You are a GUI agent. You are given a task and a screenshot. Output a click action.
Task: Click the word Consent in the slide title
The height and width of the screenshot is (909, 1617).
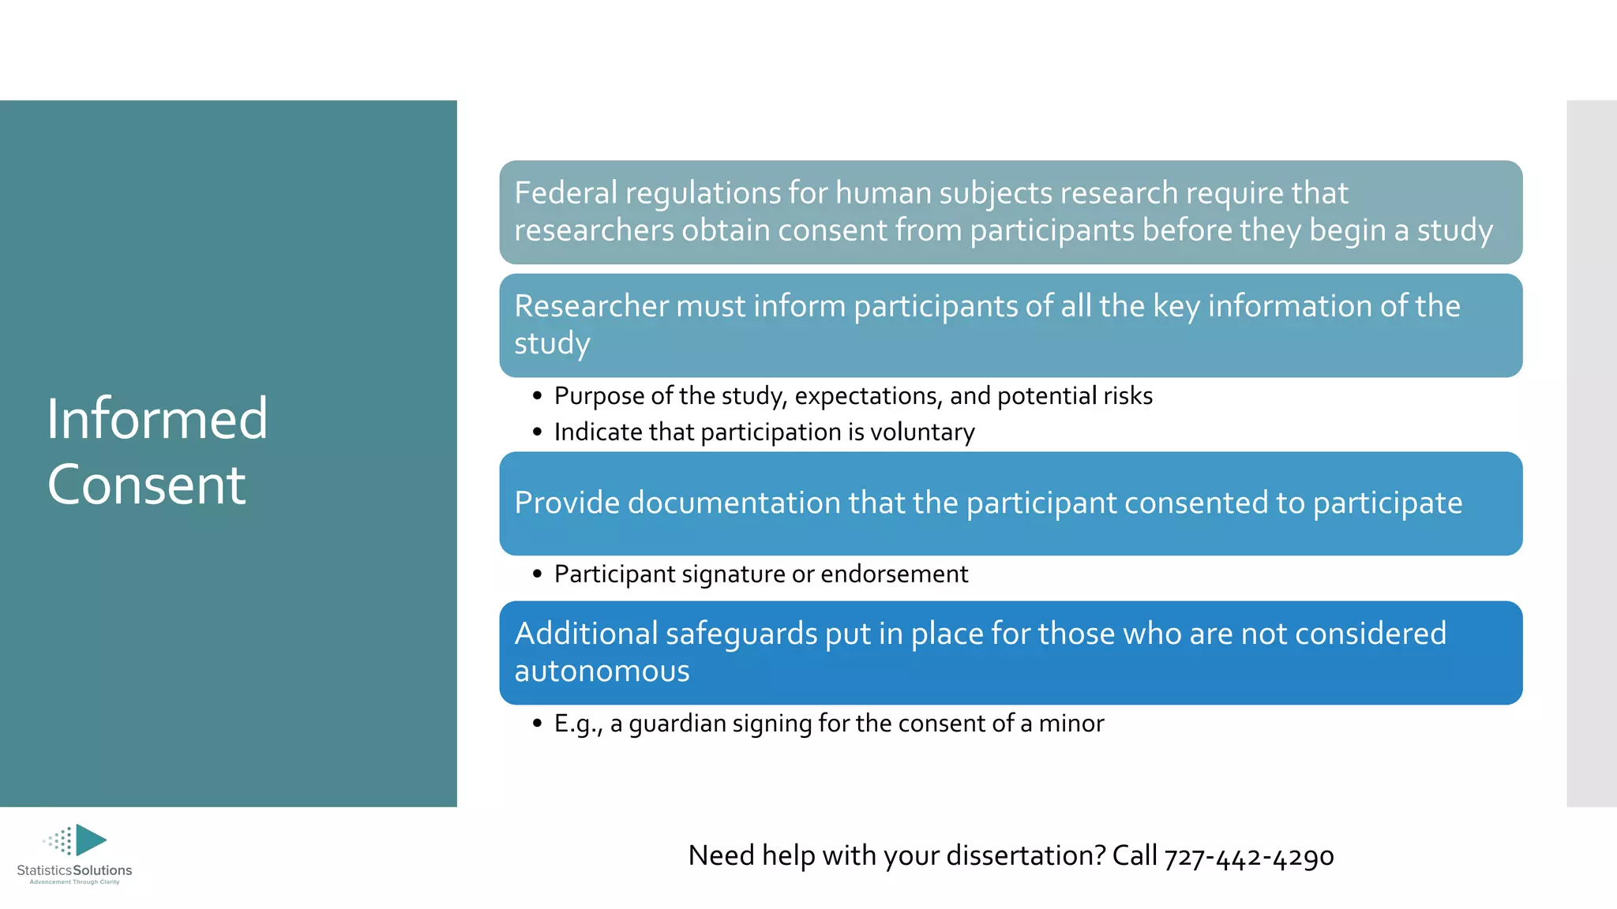point(146,484)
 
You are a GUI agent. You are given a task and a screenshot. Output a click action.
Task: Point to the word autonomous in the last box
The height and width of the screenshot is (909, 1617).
point(602,671)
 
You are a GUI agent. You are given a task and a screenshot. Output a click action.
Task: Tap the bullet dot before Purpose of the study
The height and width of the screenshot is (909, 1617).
point(537,395)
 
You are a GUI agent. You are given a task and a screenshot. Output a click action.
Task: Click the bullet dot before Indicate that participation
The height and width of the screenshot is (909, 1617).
point(537,432)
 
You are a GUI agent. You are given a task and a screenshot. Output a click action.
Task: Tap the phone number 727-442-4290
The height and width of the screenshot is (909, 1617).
point(1248,856)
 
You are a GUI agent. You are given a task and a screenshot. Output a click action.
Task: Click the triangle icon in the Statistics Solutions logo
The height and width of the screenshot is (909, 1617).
point(90,840)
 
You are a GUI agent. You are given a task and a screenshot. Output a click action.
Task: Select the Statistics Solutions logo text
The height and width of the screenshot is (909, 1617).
point(74,870)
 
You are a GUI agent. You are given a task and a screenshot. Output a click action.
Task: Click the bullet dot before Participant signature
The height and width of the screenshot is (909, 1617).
point(537,574)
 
